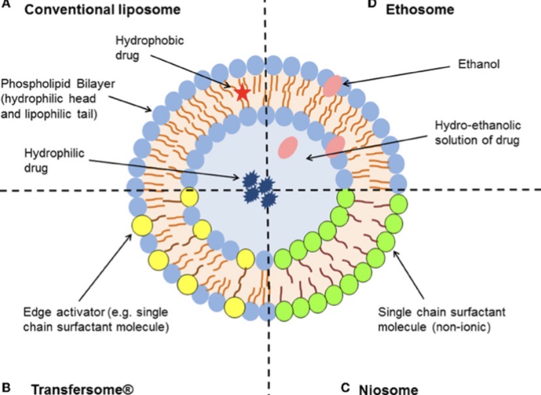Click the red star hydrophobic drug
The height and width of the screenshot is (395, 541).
[242, 93]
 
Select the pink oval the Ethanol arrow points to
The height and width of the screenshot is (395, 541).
[334, 85]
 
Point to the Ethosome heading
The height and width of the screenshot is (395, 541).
[419, 9]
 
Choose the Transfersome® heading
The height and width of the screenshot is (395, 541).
[82, 388]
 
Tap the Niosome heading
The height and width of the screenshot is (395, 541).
[388, 389]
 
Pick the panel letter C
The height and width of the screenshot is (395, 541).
[345, 387]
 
